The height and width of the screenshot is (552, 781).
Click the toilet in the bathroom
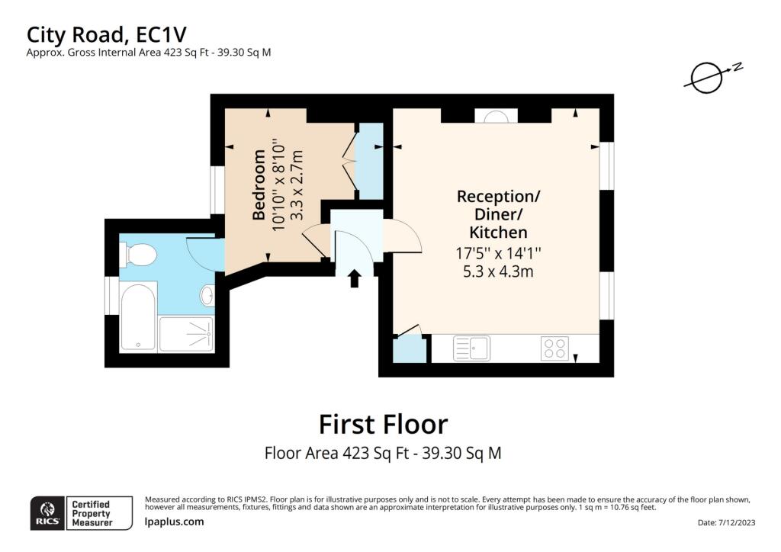138,255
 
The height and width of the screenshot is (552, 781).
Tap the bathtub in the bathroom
138,316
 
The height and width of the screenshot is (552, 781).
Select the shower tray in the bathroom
187,334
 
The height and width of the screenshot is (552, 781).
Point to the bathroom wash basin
207,295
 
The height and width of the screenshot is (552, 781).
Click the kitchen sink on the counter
471,348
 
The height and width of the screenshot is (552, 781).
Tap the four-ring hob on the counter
555,348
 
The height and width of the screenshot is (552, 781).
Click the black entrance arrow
354,278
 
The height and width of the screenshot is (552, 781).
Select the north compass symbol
713,76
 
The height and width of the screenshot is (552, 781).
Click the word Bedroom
259,185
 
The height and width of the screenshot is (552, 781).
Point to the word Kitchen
498,233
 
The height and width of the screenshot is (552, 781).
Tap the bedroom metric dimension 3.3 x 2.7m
297,185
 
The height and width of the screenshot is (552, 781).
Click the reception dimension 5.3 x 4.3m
498,271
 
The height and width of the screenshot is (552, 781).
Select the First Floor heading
383,425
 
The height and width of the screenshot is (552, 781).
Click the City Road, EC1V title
107,35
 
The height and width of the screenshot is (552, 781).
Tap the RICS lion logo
47,512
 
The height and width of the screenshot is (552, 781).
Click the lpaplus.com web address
175,522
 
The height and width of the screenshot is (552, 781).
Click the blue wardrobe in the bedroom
371,160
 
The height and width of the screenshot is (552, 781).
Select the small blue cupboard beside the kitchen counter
410,351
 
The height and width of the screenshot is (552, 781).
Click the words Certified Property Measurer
92,513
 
